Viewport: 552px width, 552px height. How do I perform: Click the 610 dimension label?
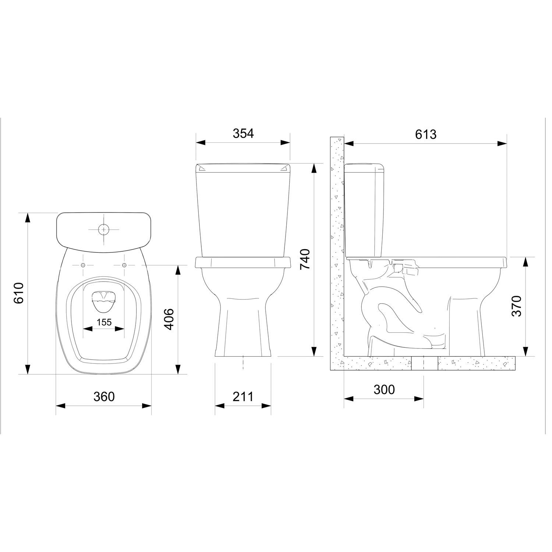[x=18, y=293]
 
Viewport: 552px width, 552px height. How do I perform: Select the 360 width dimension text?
[x=104, y=397]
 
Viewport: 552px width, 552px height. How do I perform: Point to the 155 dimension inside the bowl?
[x=104, y=322]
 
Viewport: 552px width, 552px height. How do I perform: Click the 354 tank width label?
[x=243, y=133]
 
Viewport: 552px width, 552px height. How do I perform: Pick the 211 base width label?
[x=243, y=397]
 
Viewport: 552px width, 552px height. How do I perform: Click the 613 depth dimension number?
[x=426, y=134]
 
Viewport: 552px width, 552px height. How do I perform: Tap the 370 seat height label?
[x=516, y=306]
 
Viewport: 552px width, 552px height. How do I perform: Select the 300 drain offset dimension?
[x=384, y=389]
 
